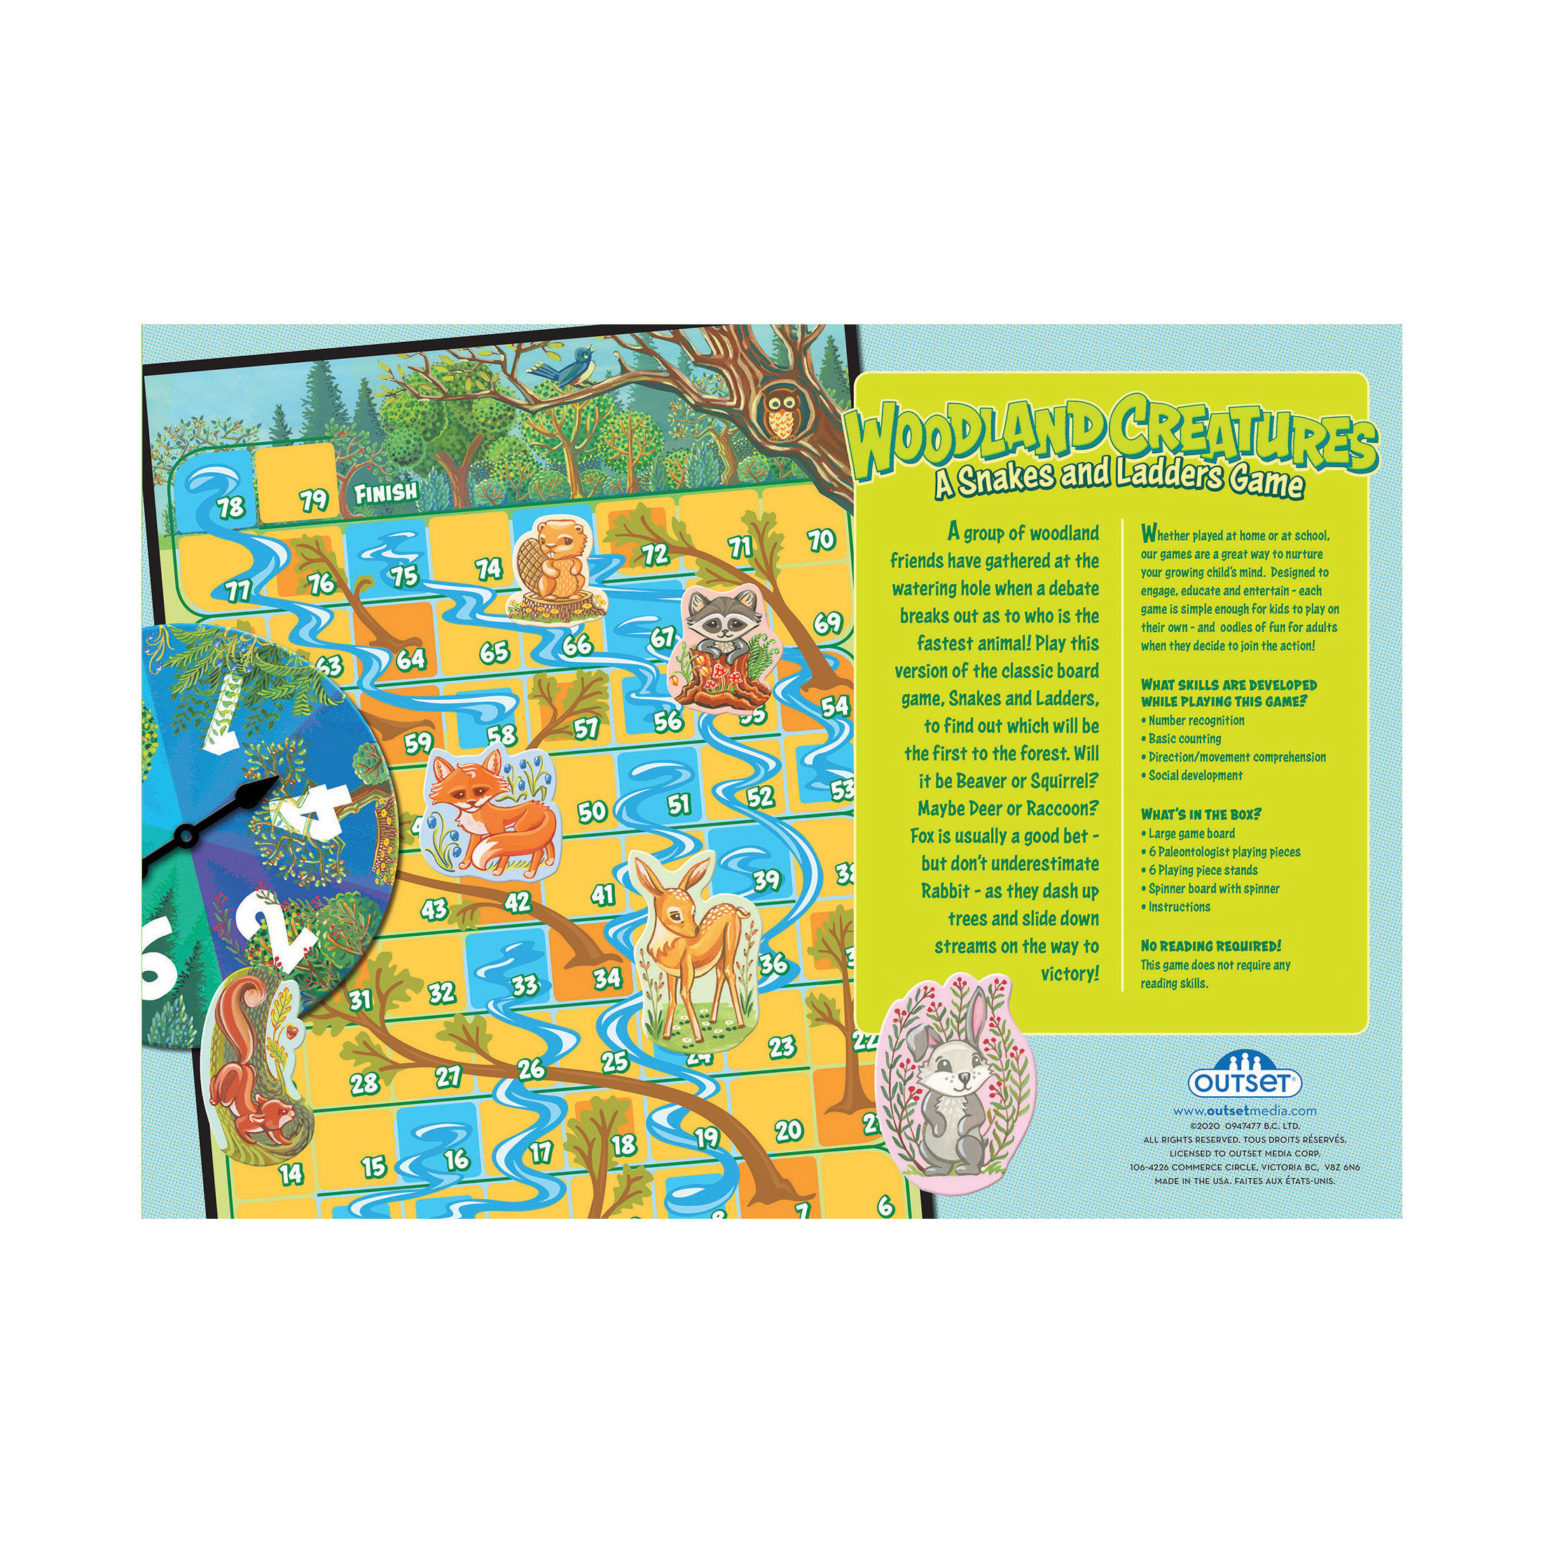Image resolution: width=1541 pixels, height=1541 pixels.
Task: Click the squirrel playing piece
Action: click(x=255, y=1068)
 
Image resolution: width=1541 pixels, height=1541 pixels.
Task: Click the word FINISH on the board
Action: click(x=386, y=493)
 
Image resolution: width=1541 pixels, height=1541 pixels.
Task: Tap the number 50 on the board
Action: click(x=592, y=813)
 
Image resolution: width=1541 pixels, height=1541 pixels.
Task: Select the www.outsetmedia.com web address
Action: click(x=1244, y=1111)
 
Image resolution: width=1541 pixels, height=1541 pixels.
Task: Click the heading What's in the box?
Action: click(x=1201, y=815)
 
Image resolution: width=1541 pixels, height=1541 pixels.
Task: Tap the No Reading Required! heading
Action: click(x=1210, y=946)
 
